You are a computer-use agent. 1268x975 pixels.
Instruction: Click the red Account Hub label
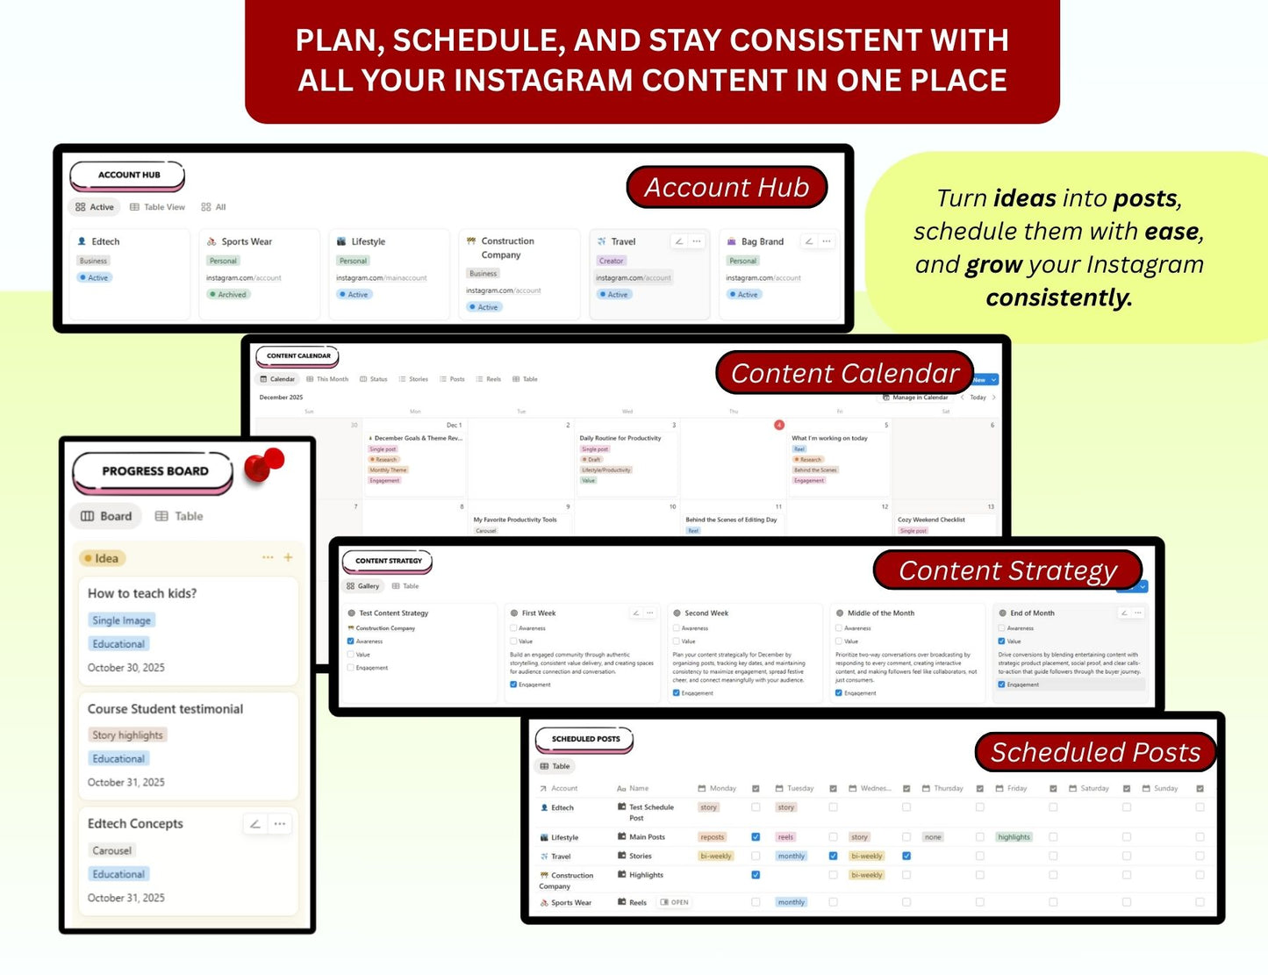click(x=727, y=187)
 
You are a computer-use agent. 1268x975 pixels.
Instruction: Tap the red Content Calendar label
click(x=844, y=373)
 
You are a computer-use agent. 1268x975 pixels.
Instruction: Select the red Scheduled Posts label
click(x=1095, y=752)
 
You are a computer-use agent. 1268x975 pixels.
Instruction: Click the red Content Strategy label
click(x=1007, y=570)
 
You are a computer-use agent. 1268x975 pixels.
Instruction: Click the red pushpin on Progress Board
click(x=264, y=464)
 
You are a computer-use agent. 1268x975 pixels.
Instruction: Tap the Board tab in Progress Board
click(x=106, y=516)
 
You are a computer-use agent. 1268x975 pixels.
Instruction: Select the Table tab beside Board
click(x=179, y=516)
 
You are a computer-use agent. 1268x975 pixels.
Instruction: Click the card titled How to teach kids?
click(x=142, y=593)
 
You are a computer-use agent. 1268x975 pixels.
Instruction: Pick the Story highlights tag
click(x=127, y=735)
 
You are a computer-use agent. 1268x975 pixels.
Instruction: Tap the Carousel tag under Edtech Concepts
click(x=111, y=850)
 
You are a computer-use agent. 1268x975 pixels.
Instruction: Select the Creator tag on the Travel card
click(x=611, y=261)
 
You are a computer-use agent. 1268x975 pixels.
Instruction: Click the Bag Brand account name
click(x=762, y=241)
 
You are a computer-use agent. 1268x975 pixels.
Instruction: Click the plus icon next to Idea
click(x=288, y=557)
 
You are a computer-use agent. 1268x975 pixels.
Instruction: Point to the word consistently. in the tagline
click(x=1058, y=298)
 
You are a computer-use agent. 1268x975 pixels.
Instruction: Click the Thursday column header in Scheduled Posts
click(x=948, y=788)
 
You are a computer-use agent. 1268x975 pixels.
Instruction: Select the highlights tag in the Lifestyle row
click(x=1014, y=837)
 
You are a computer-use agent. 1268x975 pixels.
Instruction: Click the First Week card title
click(x=539, y=613)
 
